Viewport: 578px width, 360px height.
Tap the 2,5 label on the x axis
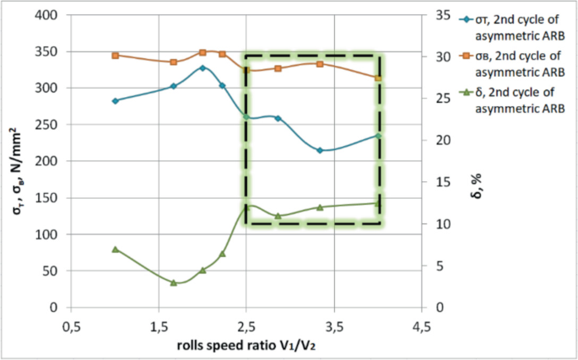pyautogui.click(x=246, y=326)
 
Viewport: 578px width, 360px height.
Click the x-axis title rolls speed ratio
pyautogui.click(x=246, y=345)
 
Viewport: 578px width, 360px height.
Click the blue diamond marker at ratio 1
pyautogui.click(x=115, y=100)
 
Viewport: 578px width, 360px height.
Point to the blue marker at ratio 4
pyautogui.click(x=378, y=135)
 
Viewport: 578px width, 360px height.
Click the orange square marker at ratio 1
pyautogui.click(x=115, y=55)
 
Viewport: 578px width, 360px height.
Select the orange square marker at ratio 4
pyautogui.click(x=378, y=78)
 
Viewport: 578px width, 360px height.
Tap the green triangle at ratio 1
pyautogui.click(x=115, y=249)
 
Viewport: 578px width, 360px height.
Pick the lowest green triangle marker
pyautogui.click(x=173, y=282)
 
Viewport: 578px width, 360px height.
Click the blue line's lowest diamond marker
pyautogui.click(x=320, y=150)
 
